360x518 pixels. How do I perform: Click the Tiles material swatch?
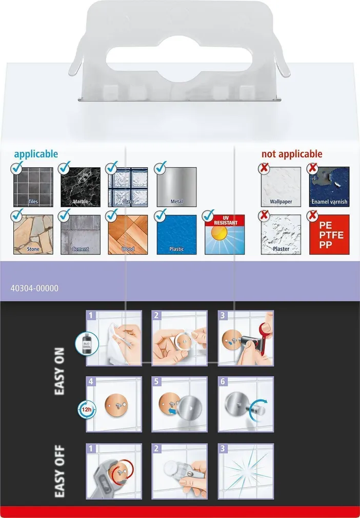(33, 187)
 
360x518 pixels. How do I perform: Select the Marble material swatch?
(81, 187)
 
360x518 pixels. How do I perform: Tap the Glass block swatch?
(128, 187)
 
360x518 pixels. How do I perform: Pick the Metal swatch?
(177, 187)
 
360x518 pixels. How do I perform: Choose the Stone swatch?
(33, 234)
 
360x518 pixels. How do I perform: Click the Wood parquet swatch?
(128, 234)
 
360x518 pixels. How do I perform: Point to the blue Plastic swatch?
(177, 234)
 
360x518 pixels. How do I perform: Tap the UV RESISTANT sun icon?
(225, 234)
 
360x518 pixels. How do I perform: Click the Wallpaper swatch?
(281, 187)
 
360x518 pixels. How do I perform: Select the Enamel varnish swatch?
(329, 187)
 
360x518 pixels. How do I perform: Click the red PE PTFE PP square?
(329, 234)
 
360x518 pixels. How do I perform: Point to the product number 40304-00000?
(34, 288)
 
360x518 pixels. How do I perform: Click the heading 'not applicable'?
(292, 154)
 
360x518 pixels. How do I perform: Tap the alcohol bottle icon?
(87, 344)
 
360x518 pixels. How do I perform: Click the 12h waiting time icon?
(87, 410)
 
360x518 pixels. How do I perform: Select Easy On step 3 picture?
(246, 338)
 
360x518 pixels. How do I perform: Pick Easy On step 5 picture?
(179, 404)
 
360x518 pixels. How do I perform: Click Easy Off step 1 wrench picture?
(114, 471)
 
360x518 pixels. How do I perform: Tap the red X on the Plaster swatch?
(264, 216)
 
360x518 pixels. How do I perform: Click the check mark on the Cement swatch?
(64, 215)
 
